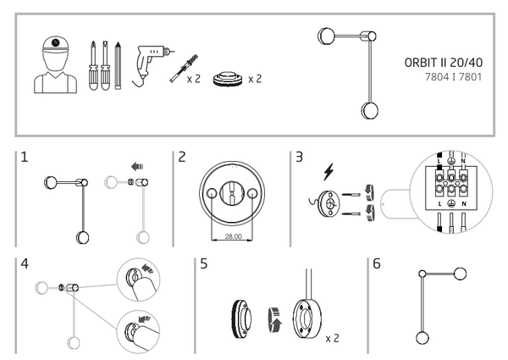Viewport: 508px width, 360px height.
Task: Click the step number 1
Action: (26, 158)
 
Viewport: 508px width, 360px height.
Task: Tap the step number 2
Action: (182, 158)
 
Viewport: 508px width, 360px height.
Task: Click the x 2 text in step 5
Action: (333, 338)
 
